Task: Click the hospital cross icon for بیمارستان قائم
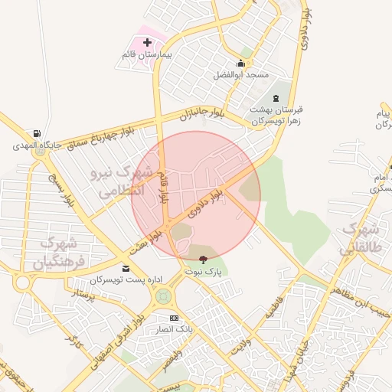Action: [147, 42]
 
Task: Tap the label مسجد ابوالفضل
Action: [240, 75]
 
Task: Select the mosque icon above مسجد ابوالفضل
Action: [241, 63]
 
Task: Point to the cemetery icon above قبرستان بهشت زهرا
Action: [276, 98]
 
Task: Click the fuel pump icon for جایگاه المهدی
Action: [36, 132]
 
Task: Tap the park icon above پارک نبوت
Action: [203, 259]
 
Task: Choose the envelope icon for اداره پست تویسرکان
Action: [126, 269]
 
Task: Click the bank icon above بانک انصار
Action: [174, 318]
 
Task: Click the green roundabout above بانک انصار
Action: [162, 295]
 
